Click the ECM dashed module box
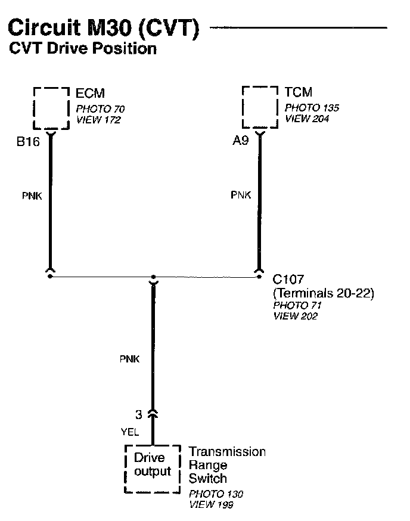pyautogui.click(x=51, y=107)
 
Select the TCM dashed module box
pyautogui.click(x=260, y=106)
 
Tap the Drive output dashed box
pyautogui.click(x=153, y=467)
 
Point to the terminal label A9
pyautogui.click(x=241, y=142)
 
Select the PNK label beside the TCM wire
pyautogui.click(x=241, y=195)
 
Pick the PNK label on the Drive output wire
pyautogui.click(x=130, y=359)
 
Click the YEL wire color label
pyautogui.click(x=129, y=433)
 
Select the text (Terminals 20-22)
pyautogui.click(x=323, y=293)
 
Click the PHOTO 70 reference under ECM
pyautogui.click(x=100, y=109)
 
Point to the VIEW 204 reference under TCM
pyautogui.click(x=307, y=119)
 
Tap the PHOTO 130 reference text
pyautogui.click(x=216, y=494)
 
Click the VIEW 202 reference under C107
pyautogui.click(x=295, y=316)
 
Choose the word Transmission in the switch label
pyautogui.click(x=227, y=452)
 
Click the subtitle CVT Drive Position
pyautogui.click(x=83, y=49)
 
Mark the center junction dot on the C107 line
pyautogui.click(x=153, y=277)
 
